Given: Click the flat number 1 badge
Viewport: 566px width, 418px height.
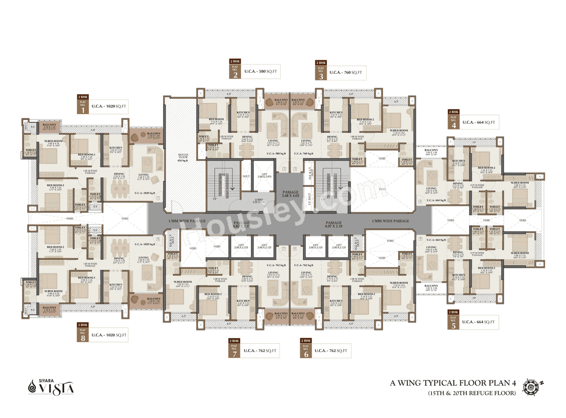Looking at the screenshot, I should click(82, 106).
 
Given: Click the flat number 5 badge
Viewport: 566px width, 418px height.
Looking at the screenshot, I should click(453, 322).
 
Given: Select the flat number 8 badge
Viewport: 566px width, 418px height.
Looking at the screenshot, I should click(82, 335).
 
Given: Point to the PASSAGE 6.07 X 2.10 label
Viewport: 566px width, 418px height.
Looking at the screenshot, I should click(333, 224).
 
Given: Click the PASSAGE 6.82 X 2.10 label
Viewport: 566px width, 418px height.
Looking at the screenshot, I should click(241, 224).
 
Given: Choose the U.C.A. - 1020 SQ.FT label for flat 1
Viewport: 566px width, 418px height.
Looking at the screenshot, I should click(109, 106).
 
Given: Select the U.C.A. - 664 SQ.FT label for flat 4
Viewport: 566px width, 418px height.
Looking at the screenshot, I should click(479, 122).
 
